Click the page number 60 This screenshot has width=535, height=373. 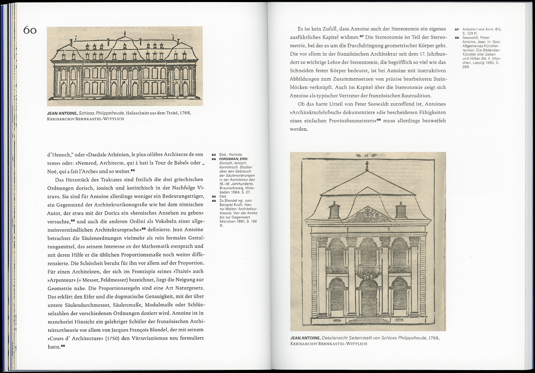click(x=30, y=30)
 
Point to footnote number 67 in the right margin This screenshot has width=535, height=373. click(x=456, y=29)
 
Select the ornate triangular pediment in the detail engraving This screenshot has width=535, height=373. click(x=367, y=215)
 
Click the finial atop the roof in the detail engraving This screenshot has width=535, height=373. click(x=367, y=166)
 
